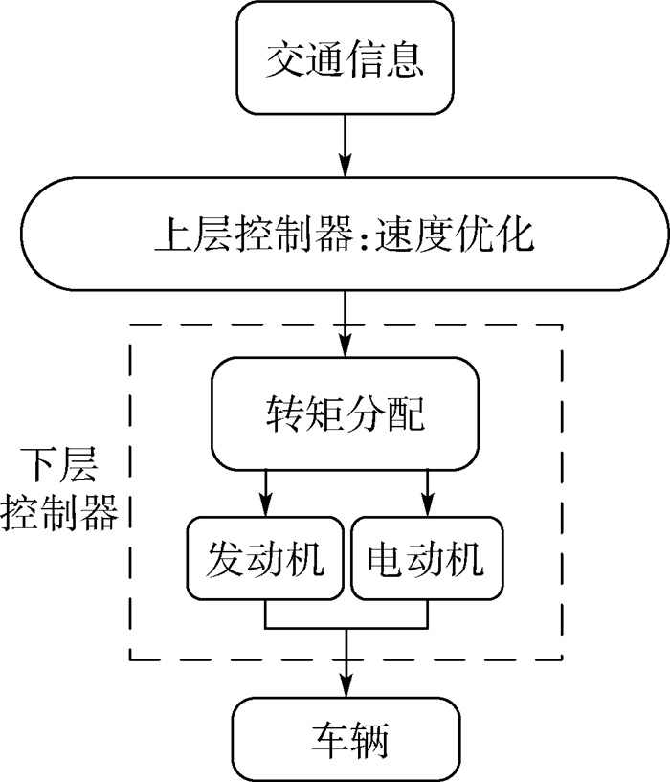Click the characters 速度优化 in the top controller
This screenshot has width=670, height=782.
(458, 234)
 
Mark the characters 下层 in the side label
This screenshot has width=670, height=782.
(59, 470)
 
